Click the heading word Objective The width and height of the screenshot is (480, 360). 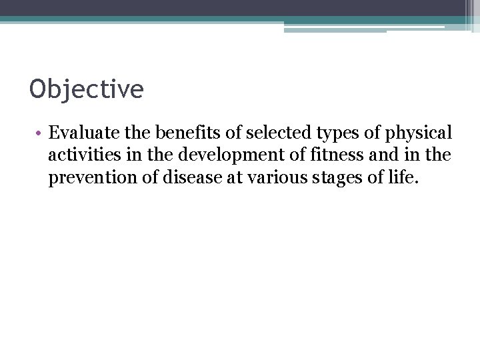point(87,89)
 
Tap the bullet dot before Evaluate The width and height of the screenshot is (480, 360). point(39,134)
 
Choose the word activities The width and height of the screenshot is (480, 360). point(79,155)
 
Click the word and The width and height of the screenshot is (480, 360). point(365,155)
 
